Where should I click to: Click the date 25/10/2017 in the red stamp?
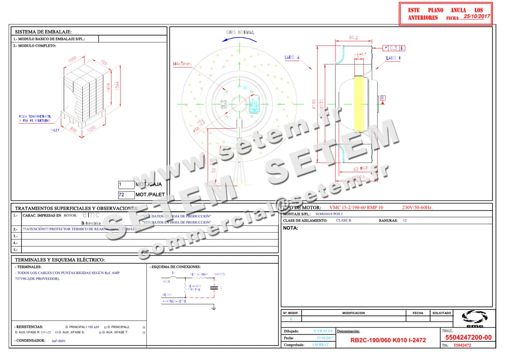coord(477,17)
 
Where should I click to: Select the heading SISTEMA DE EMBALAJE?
coord(43,32)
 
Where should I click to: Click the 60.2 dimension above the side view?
coord(353,38)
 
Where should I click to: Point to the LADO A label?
coord(292,57)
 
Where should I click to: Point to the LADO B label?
coord(393,58)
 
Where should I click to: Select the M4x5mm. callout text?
coord(182,64)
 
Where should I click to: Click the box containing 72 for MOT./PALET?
coord(126,194)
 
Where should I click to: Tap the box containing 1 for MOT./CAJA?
coord(126,185)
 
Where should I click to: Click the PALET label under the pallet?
coord(55,130)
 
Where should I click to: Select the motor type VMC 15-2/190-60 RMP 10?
coord(356,208)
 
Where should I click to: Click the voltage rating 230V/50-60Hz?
coord(417,208)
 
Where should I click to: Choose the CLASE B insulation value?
coord(344,221)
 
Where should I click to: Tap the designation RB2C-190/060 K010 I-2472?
coord(388,340)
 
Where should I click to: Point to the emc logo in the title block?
coord(474,319)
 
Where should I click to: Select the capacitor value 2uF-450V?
coord(59,341)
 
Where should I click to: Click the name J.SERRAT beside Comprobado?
coord(320,345)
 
